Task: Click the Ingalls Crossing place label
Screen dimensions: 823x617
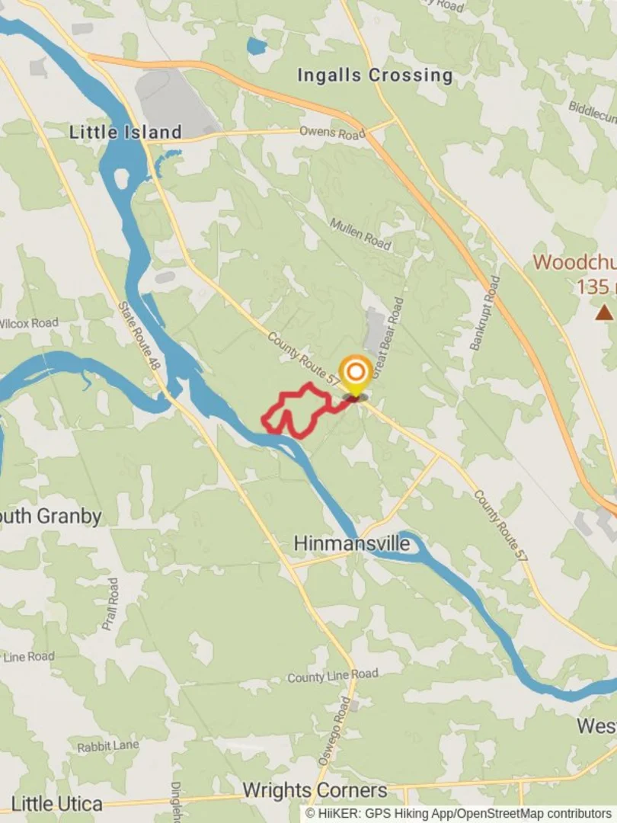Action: [374, 75]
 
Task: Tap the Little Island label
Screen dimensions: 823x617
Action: [126, 132]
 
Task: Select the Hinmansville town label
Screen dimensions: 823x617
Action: [352, 544]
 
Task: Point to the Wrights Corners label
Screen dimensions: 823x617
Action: [315, 790]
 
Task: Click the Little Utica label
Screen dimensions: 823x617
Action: [57, 803]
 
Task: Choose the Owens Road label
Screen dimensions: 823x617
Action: [332, 133]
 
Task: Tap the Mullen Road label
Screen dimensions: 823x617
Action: [360, 234]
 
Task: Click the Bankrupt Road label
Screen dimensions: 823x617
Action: [485, 313]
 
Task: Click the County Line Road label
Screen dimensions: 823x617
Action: [333, 676]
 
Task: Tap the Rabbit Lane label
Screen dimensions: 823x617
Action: [108, 746]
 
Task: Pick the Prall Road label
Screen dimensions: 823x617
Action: [111, 604]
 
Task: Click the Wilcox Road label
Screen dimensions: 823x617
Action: [29, 323]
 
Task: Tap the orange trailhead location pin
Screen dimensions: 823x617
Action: [355, 373]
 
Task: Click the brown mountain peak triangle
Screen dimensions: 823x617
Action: [604, 312]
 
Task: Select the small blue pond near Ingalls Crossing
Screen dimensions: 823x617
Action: [257, 46]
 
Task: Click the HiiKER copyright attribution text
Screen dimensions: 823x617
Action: [458, 814]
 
